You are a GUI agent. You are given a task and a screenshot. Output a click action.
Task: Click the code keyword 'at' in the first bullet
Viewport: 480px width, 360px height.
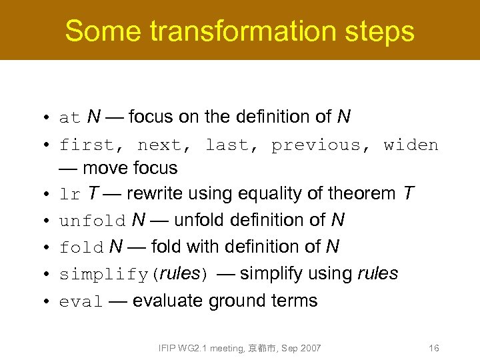(69, 119)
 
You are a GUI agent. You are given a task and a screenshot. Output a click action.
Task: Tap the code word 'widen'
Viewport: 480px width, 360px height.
(411, 145)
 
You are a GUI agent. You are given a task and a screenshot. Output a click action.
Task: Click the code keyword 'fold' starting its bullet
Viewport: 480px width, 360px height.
(81, 248)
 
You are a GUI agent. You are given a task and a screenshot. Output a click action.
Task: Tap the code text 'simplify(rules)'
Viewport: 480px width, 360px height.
(134, 275)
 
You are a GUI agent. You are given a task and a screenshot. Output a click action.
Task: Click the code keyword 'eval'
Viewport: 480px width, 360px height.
(81, 302)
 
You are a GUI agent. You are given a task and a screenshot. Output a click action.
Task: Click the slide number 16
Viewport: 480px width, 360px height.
(434, 348)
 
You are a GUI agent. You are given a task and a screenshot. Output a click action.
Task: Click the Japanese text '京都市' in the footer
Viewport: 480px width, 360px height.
(260, 348)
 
